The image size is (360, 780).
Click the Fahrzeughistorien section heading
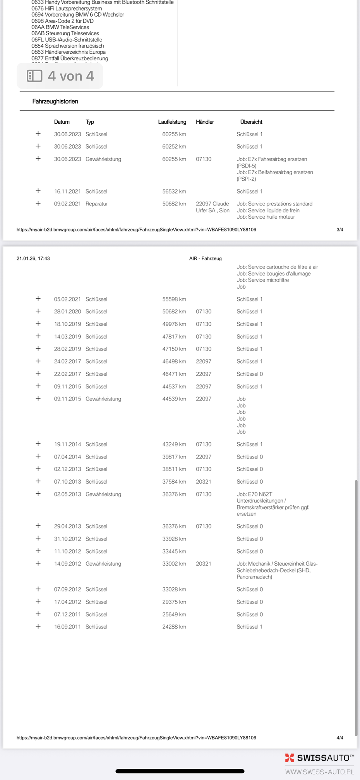(x=55, y=101)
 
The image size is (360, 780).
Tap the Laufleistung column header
(x=172, y=122)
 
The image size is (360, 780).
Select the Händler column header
(x=205, y=122)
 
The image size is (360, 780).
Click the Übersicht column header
(x=251, y=122)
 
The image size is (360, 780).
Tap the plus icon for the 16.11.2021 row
(x=38, y=191)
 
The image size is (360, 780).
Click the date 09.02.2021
(x=67, y=204)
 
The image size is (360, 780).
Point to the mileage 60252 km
(x=174, y=147)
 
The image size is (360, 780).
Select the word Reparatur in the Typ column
(x=96, y=204)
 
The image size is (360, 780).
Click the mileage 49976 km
(x=174, y=324)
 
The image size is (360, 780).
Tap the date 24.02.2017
(x=67, y=361)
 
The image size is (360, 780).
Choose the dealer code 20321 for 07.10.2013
(x=204, y=482)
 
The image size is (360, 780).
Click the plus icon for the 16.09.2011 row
(x=38, y=626)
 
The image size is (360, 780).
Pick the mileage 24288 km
(x=174, y=627)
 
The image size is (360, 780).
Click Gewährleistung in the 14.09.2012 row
(x=103, y=564)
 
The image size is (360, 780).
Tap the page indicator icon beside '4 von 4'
(x=34, y=76)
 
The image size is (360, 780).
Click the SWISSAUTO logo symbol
(x=290, y=758)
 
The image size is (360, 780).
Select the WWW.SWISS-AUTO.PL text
(x=319, y=772)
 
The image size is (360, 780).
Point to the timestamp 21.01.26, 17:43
(x=33, y=258)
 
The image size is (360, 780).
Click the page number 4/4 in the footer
(x=339, y=738)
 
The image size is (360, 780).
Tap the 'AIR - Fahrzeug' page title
(x=205, y=258)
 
